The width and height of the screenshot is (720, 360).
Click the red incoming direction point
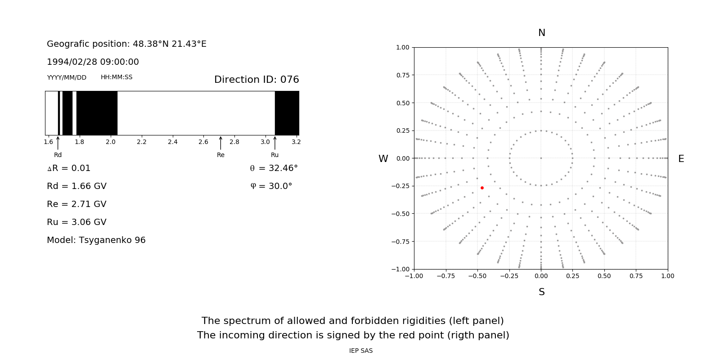[x=482, y=188]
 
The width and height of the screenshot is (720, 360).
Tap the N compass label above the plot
[x=542, y=33]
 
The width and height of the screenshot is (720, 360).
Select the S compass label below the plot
[x=542, y=292]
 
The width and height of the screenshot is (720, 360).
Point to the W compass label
[x=383, y=159]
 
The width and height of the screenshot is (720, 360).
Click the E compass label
[x=681, y=159]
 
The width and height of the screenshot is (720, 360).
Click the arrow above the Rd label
[x=58, y=143]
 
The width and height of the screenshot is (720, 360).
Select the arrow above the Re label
[x=220, y=143]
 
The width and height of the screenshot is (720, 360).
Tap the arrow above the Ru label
[x=275, y=143]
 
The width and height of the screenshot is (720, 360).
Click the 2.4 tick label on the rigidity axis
[x=172, y=142]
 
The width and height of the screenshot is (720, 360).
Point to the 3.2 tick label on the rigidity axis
[x=296, y=142]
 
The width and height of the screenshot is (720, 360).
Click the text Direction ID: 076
[x=256, y=80]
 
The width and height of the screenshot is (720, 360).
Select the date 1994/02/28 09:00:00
[x=93, y=62]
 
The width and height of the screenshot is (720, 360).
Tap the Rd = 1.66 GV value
[x=76, y=186]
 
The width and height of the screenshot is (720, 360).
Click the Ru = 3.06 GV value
[x=76, y=222]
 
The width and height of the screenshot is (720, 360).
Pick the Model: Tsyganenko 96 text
[x=96, y=240]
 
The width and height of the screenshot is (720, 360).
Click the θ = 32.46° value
[x=274, y=168]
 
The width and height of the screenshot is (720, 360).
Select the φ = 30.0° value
[x=271, y=186]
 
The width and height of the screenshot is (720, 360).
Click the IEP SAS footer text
[x=361, y=351]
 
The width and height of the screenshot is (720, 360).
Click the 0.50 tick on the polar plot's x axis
[x=604, y=276]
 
